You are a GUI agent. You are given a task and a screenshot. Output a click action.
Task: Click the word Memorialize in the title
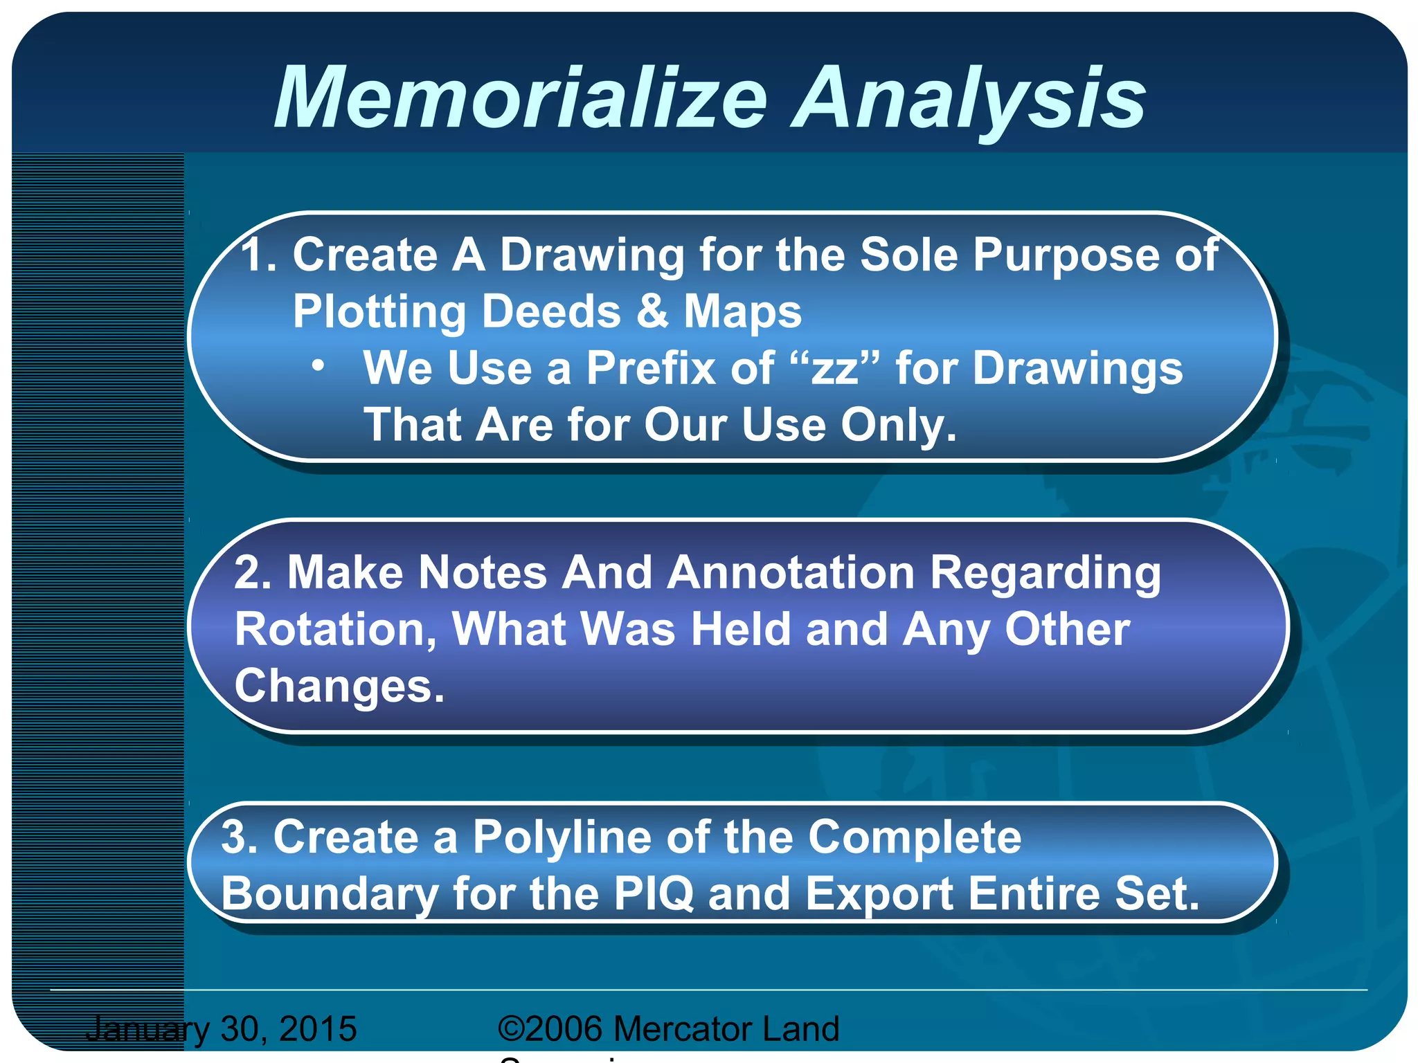[x=521, y=98]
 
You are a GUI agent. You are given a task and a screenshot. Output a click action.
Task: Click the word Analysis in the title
[x=969, y=98]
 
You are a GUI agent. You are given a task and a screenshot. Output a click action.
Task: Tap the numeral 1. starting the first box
[x=259, y=255]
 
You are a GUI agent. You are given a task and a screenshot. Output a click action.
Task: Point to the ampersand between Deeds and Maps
[x=652, y=311]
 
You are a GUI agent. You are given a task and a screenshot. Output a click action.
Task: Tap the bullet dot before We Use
[x=318, y=366]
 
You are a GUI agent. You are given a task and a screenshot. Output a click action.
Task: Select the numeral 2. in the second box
[x=252, y=573]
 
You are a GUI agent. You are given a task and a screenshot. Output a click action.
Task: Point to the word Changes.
[x=339, y=687]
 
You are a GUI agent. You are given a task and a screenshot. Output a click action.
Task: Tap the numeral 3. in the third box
[x=239, y=837]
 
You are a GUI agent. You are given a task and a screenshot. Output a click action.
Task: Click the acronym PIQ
[x=653, y=893]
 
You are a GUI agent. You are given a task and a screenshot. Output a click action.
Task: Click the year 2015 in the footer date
[x=318, y=1028]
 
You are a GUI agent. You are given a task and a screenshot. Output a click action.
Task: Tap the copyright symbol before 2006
[x=511, y=1029]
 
